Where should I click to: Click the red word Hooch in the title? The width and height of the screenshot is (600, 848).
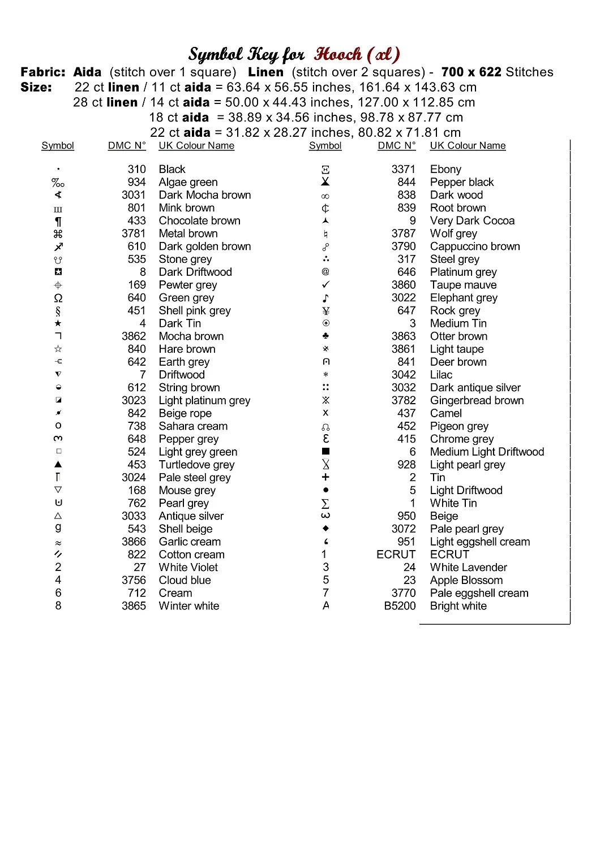tap(338, 54)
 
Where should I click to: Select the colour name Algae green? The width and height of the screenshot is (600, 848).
tap(188, 182)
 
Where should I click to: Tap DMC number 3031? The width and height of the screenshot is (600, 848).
tap(134, 195)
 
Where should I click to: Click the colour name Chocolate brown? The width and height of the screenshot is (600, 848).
tap(199, 220)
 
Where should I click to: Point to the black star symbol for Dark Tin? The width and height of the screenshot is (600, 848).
tap(58, 323)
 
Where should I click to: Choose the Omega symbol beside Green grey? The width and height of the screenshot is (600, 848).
tap(58, 298)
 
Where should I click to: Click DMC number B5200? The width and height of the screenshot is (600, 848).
tap(400, 606)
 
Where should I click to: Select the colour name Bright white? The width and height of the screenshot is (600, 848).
tap(458, 606)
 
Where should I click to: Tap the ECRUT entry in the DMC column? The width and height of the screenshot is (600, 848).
tap(396, 555)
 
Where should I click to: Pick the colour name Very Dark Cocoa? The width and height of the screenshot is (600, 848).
tap(472, 220)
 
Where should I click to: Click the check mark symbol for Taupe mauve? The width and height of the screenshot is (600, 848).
tap(325, 285)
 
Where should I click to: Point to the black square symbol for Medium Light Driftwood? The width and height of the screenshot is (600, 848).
tap(325, 452)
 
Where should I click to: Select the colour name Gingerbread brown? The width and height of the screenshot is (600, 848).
tap(477, 400)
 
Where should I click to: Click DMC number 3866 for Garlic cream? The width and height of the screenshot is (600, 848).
tap(134, 542)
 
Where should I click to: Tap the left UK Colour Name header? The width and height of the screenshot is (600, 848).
tap(196, 146)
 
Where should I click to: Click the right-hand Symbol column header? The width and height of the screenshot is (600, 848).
tap(325, 146)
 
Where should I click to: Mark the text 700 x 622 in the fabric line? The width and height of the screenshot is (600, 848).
tap(471, 72)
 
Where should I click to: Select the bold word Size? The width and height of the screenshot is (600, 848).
tap(36, 88)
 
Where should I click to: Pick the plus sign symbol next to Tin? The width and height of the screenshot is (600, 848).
tap(325, 477)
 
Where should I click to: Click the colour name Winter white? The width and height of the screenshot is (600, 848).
tap(188, 606)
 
